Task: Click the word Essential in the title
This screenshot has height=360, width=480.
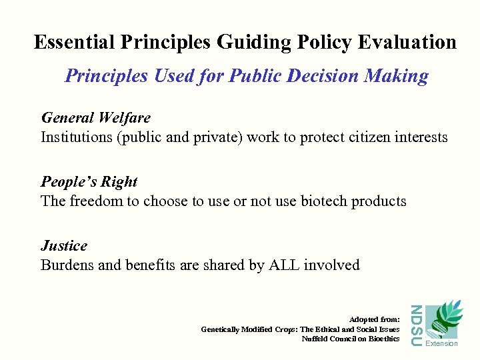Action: point(75,42)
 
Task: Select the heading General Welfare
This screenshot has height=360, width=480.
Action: point(95,118)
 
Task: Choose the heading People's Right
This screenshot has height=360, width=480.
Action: point(89,182)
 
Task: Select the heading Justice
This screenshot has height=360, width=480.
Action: point(63,246)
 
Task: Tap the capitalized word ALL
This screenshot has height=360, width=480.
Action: point(284,265)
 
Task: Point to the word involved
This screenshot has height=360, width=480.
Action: point(331,265)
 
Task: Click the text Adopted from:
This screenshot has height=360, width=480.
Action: point(374,320)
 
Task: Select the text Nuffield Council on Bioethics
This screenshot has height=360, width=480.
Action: point(351,339)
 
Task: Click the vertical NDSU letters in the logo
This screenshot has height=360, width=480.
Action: point(415,325)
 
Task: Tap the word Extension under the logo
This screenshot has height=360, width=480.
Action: point(441,344)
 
